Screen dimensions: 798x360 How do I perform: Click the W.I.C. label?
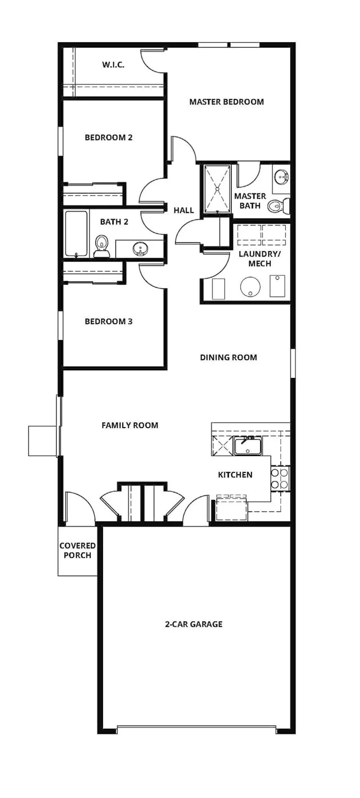click(113, 65)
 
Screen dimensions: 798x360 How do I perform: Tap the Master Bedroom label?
click(226, 102)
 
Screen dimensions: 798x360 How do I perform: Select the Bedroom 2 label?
click(108, 138)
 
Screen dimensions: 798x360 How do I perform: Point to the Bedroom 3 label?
click(108, 321)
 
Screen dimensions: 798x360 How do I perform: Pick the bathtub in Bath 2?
click(76, 234)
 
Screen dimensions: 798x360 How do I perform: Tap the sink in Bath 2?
click(140, 249)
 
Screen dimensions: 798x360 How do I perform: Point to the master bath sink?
click(282, 176)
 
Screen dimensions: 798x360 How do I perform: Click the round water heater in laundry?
click(250, 287)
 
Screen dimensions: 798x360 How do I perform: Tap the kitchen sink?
click(248, 446)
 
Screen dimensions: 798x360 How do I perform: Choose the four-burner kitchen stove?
click(280, 478)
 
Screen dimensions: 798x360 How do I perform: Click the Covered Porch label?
click(78, 550)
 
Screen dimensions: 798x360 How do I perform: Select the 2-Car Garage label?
click(194, 624)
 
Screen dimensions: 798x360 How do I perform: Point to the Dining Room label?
click(228, 357)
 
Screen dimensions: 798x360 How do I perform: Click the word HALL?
click(184, 210)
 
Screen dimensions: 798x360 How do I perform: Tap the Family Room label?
click(130, 425)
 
